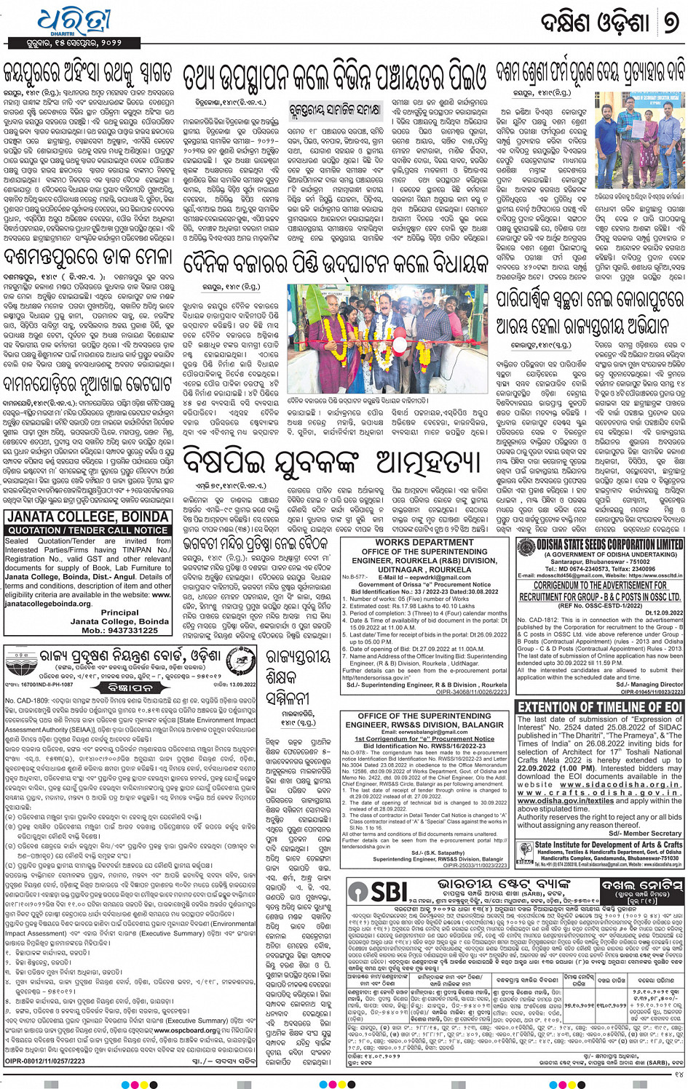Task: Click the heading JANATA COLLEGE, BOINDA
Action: (87, 517)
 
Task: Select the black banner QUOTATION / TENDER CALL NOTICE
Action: (87, 530)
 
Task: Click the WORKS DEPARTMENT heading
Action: (423, 543)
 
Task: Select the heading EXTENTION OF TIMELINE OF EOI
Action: (600, 706)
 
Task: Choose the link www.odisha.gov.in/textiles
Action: (565, 801)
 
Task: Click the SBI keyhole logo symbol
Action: (358, 892)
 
